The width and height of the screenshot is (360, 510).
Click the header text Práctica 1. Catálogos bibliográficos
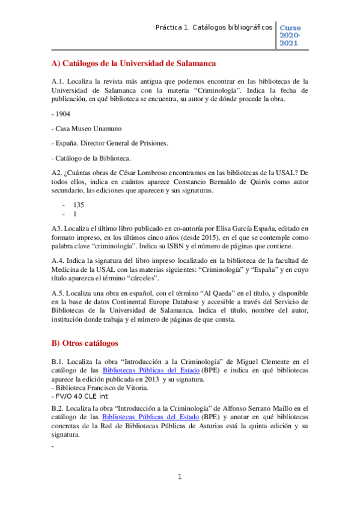click(x=213, y=28)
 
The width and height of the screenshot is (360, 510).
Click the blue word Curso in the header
click(x=291, y=28)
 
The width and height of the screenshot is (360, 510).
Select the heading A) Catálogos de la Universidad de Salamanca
click(x=133, y=63)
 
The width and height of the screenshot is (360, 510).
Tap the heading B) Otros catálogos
click(x=85, y=343)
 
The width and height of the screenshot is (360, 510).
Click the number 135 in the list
click(x=78, y=204)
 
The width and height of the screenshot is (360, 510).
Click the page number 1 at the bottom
click(x=180, y=477)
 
